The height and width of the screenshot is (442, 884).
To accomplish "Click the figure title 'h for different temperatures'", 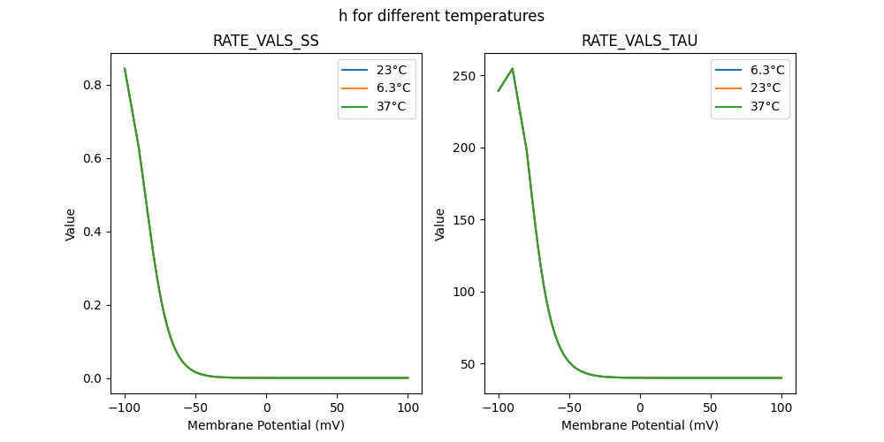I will (441, 16).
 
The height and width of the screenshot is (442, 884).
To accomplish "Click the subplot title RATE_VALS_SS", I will (266, 42).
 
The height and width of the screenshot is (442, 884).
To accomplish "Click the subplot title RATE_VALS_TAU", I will (639, 42).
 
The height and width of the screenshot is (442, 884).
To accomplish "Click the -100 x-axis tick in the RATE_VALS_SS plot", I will (125, 408).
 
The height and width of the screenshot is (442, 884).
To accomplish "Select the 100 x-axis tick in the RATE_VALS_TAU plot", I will (781, 408).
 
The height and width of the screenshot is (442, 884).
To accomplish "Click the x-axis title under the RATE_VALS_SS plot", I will (266, 425).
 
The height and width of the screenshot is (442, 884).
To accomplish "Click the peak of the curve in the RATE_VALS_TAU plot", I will (513, 69).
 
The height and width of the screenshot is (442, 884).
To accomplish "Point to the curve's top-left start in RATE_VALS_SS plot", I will (125, 68).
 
